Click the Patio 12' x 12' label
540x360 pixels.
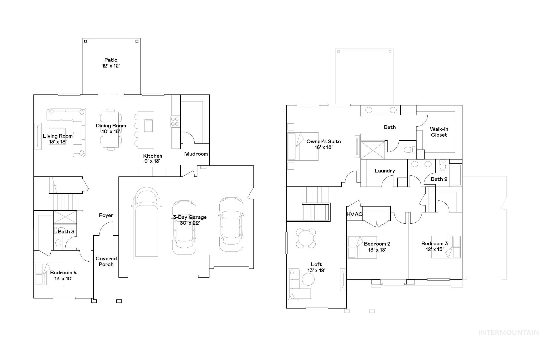coord(111,63)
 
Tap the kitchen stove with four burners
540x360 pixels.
coord(175,122)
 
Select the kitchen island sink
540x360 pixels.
coord(148,125)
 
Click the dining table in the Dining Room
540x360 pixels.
coord(111,130)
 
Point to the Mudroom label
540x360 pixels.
coord(196,154)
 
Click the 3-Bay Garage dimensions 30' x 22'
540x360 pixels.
coord(190,223)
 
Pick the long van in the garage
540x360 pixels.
coord(147,224)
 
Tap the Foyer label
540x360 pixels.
coord(106,215)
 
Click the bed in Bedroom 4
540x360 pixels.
coord(50,274)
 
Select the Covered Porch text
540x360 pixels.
coord(106,261)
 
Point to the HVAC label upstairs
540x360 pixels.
coord(354,214)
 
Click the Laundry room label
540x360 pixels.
coord(385,171)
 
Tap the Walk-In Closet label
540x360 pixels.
coord(439,132)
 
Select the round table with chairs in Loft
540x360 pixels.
coord(306,238)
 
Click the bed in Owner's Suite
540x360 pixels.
coord(303,147)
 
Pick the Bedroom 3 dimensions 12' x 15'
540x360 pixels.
coord(434,249)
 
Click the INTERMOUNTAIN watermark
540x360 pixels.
coord(509,333)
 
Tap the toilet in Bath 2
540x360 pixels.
coord(443,165)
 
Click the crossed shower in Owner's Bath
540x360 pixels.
coord(373,150)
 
